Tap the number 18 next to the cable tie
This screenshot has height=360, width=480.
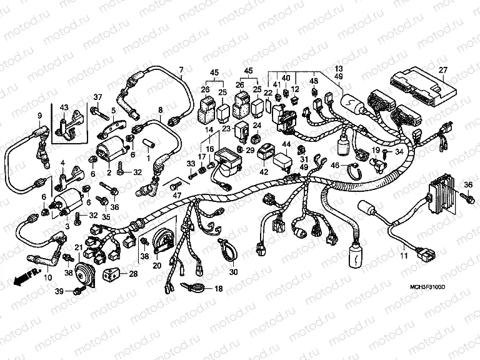219,289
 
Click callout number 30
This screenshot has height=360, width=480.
234,272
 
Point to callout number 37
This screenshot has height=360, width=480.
97,96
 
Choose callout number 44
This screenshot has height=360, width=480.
286,144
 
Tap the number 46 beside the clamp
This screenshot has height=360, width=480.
335,166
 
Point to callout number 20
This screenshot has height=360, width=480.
157,265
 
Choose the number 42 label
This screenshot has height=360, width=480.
264,171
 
